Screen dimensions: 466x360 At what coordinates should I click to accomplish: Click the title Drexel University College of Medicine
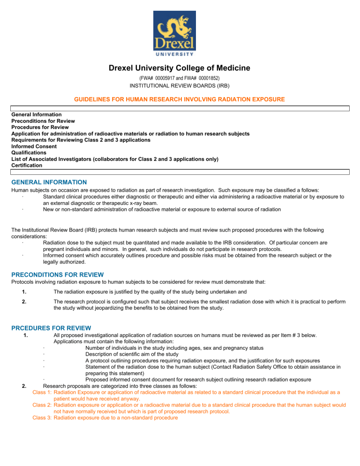coord(180,68)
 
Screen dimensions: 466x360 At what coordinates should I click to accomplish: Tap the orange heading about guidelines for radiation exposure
coord(180,99)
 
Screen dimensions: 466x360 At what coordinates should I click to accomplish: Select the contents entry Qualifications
coord(29,152)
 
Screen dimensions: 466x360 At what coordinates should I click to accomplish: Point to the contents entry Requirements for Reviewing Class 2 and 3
coord(80,140)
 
